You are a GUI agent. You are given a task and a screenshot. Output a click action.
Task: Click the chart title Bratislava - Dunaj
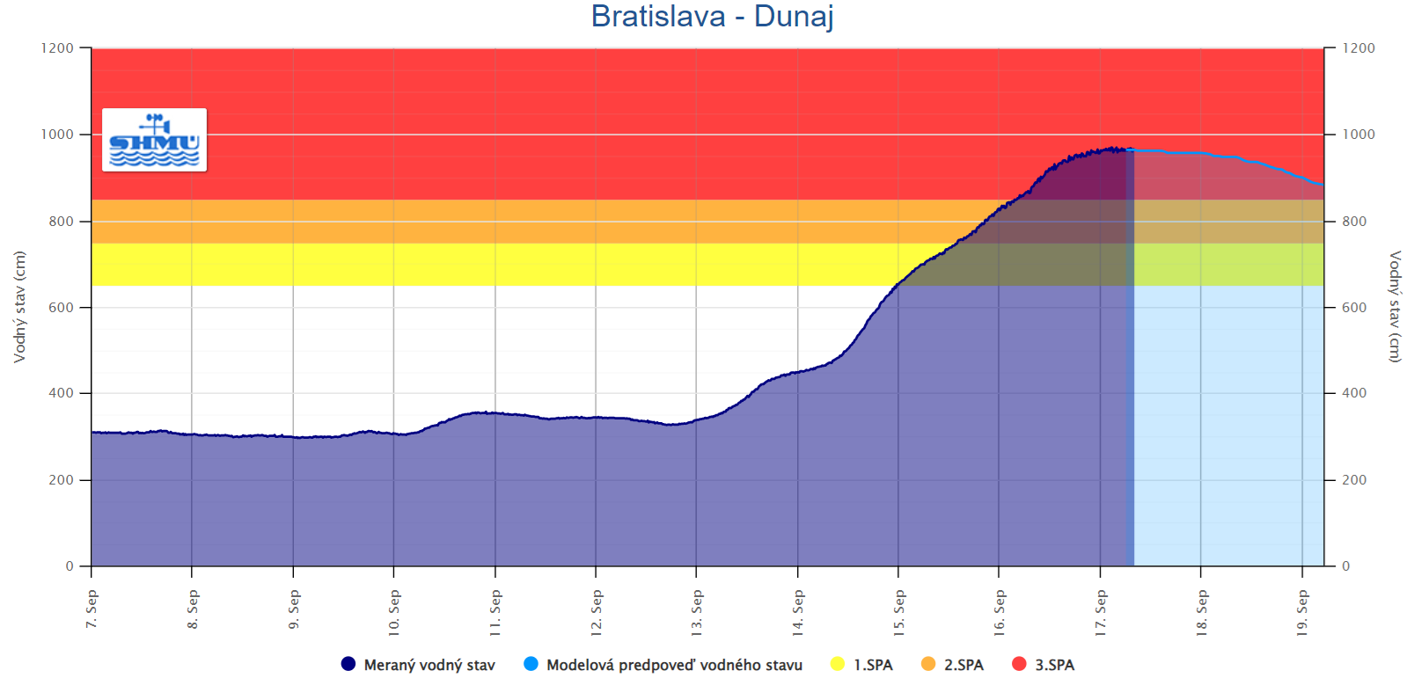tap(712, 17)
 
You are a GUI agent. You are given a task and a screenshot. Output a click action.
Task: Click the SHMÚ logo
tap(154, 140)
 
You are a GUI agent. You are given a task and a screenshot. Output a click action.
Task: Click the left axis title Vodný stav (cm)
tap(19, 307)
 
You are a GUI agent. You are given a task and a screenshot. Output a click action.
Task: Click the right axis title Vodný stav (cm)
tap(1394, 307)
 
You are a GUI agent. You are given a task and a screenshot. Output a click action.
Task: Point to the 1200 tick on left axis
tap(57, 48)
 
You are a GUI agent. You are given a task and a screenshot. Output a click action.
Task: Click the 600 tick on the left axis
tap(62, 308)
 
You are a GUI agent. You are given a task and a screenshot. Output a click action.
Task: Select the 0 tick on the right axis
tap(1345, 566)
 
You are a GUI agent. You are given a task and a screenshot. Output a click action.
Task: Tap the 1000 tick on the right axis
tap(1358, 135)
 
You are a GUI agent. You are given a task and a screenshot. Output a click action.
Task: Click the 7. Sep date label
tap(92, 609)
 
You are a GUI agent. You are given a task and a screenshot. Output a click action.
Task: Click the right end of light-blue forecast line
tap(1322, 185)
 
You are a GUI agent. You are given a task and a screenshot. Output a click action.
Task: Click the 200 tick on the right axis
tap(1354, 480)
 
